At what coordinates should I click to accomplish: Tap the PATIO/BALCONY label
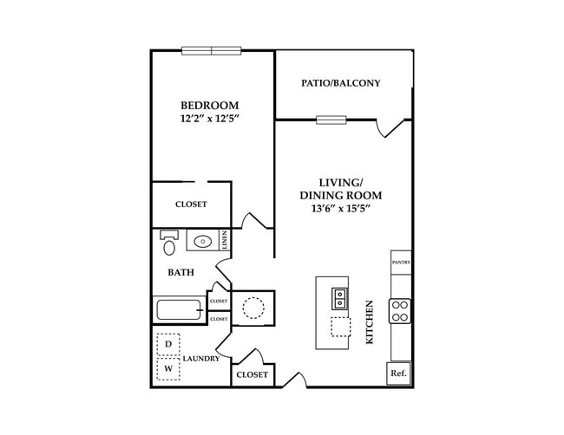click(x=341, y=83)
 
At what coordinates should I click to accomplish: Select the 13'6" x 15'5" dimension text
click(x=340, y=209)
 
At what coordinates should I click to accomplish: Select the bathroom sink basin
click(x=203, y=242)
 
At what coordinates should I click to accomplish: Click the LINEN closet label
click(x=224, y=240)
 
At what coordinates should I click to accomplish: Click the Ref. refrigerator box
click(x=398, y=373)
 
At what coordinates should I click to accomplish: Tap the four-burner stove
click(x=400, y=310)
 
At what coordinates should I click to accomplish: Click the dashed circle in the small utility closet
click(x=253, y=308)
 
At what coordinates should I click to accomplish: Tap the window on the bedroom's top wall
click(x=212, y=50)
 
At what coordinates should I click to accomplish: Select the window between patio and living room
click(x=331, y=120)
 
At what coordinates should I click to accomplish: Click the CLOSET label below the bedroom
click(x=191, y=205)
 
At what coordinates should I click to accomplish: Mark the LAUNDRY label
click(x=200, y=358)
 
